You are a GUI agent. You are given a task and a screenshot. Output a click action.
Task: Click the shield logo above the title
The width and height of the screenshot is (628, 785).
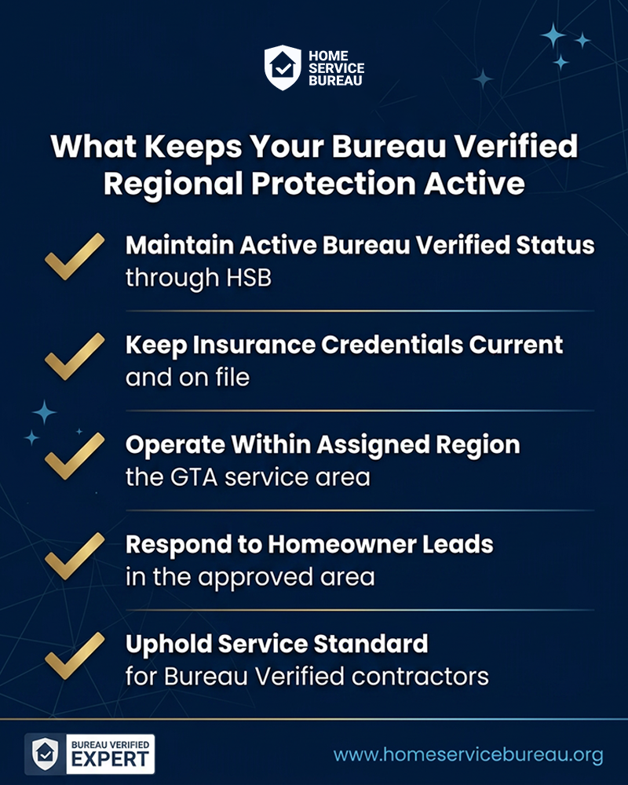283,68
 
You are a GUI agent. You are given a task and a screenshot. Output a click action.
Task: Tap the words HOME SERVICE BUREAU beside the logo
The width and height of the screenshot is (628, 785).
336,68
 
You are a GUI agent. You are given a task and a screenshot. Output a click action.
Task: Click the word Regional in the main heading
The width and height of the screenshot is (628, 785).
173,184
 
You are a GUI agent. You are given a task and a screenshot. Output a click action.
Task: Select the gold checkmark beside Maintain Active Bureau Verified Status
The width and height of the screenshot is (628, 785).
75,257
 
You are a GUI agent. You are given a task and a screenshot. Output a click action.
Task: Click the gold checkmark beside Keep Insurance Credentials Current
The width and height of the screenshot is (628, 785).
75,356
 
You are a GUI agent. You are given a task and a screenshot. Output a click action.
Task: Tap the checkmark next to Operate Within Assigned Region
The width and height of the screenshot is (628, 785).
75,455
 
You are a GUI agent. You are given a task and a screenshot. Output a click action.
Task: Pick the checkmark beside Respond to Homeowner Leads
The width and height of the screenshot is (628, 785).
75,556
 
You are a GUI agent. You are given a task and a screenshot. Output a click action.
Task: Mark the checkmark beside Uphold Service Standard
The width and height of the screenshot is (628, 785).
75,655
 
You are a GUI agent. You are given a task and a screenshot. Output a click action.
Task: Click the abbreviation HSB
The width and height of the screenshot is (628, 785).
248,278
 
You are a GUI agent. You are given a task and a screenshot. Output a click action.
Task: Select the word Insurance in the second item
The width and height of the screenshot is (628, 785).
254,345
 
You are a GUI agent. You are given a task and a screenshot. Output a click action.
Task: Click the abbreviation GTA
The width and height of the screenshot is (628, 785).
193,477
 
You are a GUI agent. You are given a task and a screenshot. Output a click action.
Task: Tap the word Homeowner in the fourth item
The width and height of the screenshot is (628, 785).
342,544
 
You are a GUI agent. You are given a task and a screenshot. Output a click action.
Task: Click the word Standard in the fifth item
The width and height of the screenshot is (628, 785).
371,644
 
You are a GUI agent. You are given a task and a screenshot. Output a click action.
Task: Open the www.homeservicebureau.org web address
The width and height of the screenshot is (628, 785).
468,755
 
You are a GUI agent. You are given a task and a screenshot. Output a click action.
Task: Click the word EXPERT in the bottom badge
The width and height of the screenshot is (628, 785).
110,759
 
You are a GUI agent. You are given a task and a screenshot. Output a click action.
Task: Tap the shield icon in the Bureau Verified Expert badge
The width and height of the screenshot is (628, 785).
45,754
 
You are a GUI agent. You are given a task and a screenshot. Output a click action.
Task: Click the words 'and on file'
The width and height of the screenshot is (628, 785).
188,378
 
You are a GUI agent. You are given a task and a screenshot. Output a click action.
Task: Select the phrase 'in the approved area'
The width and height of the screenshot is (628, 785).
250,577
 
